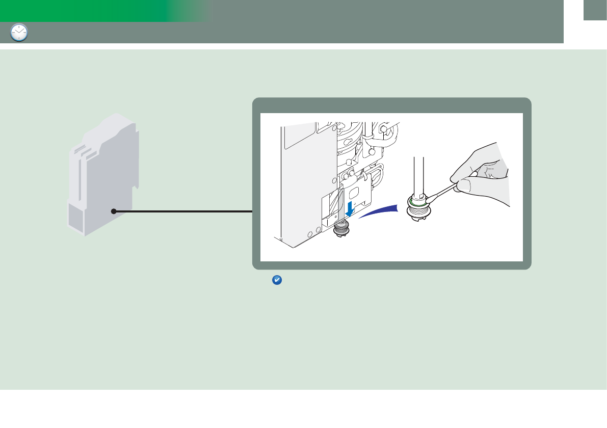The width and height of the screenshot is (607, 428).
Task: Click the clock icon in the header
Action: coord(19,33)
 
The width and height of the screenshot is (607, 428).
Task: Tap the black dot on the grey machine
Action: coord(114,211)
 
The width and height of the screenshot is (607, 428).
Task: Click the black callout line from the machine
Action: coord(183,211)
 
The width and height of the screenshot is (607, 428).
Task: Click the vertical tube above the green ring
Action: coord(418,176)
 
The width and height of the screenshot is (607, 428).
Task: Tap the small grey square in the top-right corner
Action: coord(595,11)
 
